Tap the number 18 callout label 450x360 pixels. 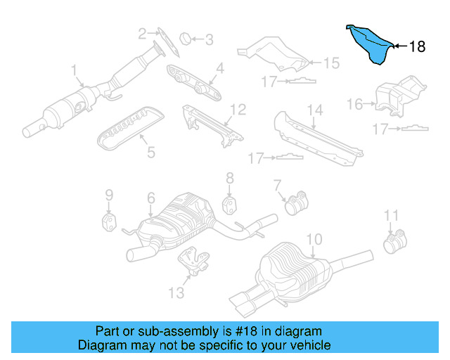point(417,47)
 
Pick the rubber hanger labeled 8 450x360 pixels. point(230,204)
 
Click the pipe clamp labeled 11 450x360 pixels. point(393,243)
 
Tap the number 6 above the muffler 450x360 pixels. point(151,199)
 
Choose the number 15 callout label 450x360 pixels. point(330,63)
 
